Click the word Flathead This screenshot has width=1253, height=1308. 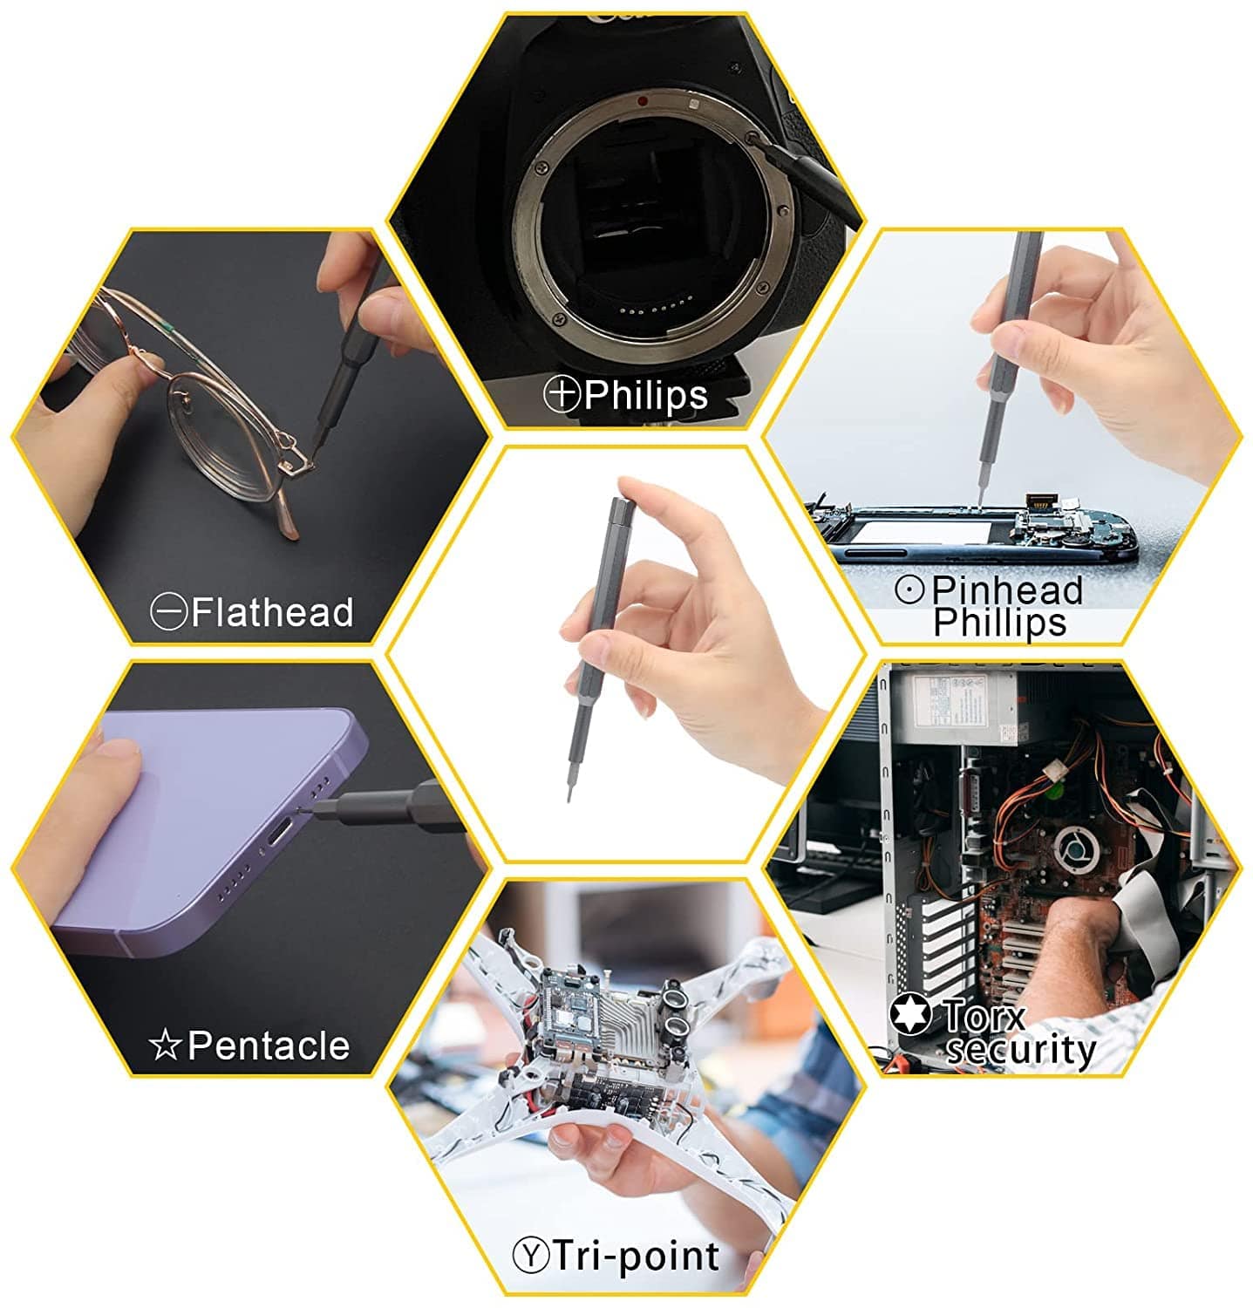272,612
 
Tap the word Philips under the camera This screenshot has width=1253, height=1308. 646,395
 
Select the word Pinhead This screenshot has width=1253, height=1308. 1006,590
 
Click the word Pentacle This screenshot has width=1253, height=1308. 269,1045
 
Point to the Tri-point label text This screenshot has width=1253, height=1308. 637,1257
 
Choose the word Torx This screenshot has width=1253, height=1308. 984,1015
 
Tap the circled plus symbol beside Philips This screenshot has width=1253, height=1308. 562,394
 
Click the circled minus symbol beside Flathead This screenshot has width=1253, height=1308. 168,612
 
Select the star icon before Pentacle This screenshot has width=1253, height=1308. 165,1045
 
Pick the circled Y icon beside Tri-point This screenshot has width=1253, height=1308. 530,1257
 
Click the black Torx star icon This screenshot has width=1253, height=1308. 910,1013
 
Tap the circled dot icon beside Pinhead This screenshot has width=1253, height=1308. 909,590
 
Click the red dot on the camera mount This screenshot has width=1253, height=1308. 644,101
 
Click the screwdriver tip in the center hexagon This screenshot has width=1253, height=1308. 569,794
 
